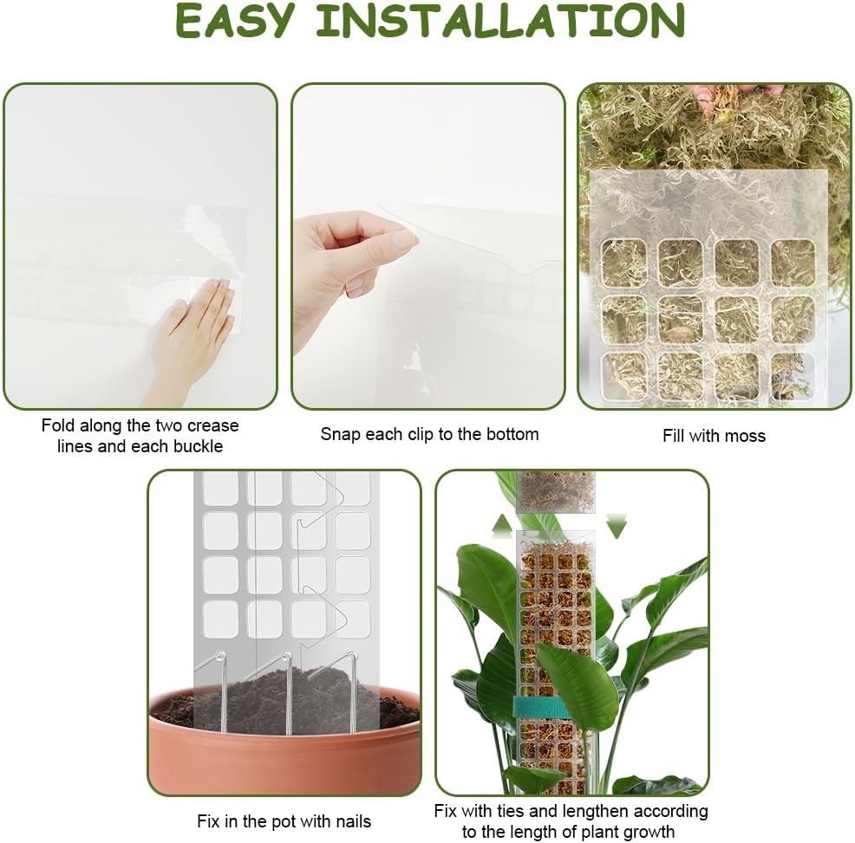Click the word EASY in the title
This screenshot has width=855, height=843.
tap(235, 21)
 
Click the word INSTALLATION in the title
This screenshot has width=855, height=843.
tap(500, 21)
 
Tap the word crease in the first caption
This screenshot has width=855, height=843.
tap(212, 425)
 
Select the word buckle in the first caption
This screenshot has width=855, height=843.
tap(196, 446)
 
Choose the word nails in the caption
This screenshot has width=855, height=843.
tap(351, 821)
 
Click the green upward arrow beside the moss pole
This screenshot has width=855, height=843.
tap(502, 526)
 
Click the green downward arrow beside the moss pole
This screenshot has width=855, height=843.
tap(617, 526)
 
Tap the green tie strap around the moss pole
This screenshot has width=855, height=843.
tap(542, 707)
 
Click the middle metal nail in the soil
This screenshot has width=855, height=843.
tap(287, 692)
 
